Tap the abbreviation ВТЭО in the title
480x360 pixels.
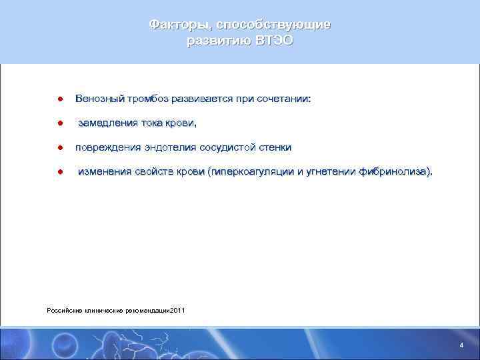tap(273, 41)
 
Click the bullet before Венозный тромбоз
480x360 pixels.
tap(59, 99)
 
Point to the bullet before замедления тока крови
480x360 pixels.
tap(59, 123)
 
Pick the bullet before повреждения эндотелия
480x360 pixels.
tap(59, 147)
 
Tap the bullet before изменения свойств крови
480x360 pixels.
tap(59, 171)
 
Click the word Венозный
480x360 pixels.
tap(99, 99)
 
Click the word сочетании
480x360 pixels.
tap(285, 99)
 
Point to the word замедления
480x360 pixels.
tap(108, 123)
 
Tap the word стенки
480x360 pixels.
tap(275, 147)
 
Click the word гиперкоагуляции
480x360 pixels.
tap(253, 171)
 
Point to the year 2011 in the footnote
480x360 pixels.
tap(179, 311)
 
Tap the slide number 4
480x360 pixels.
tap(461, 345)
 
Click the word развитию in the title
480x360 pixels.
tap(217, 41)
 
